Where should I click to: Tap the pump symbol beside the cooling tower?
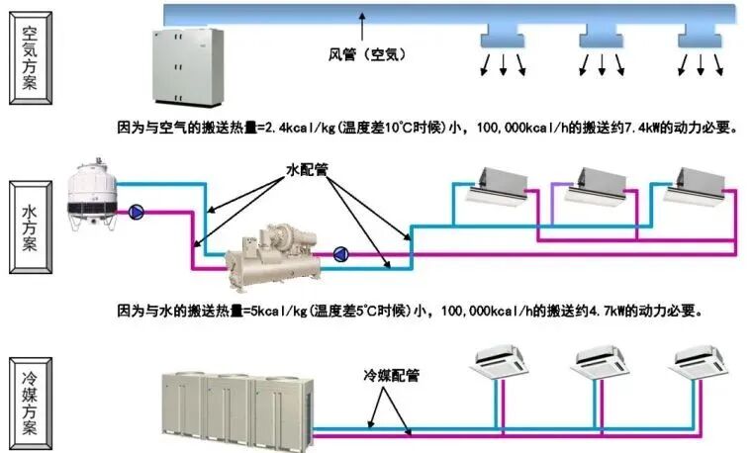pos(137,211)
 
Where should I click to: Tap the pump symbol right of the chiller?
pos(341,253)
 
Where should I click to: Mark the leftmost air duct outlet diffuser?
pos(502,41)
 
